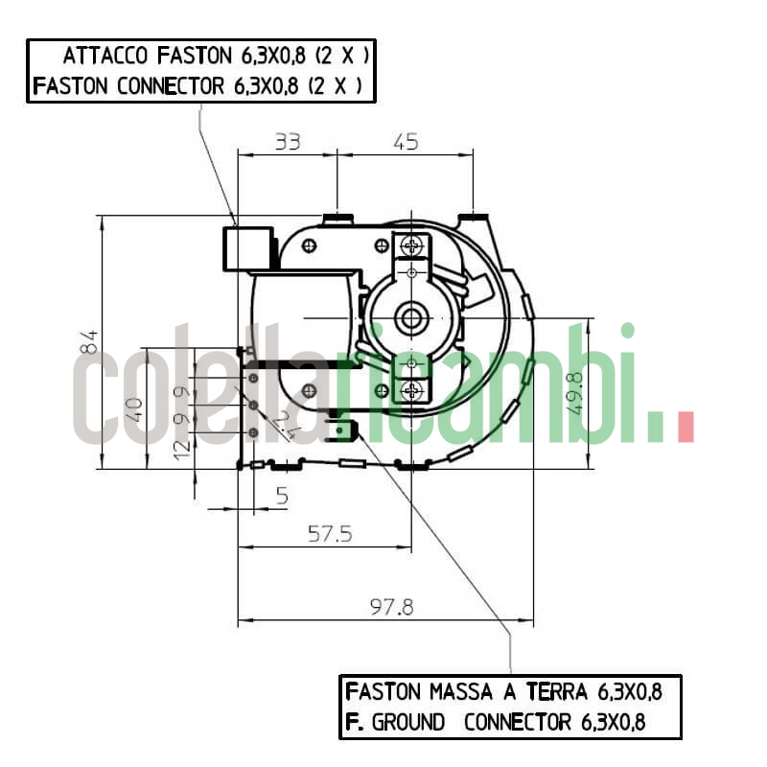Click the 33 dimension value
coord(288,142)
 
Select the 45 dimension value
coord(406,142)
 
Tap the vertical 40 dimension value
coord(135,409)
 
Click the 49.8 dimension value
coord(575,393)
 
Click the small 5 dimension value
coord(282,496)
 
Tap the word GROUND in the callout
coord(407,722)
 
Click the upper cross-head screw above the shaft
coord(412,246)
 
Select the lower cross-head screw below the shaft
coord(412,390)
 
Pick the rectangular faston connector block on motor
coord(245,248)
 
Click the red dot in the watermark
coord(685,428)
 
